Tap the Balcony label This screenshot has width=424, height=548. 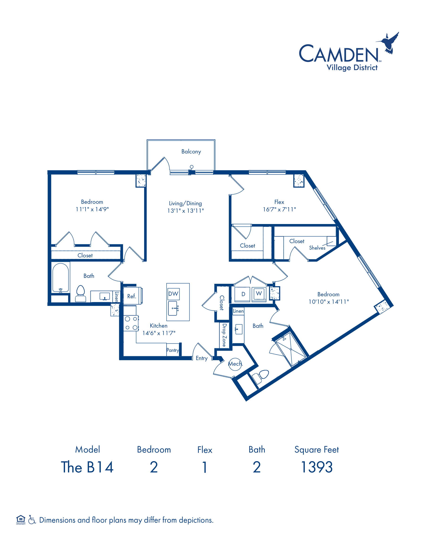click(191, 152)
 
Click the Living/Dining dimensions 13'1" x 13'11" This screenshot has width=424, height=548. click(186, 211)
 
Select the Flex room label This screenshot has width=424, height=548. click(279, 202)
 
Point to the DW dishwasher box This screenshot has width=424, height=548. click(173, 294)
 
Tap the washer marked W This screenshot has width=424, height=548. click(259, 294)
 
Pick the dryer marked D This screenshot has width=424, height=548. click(242, 294)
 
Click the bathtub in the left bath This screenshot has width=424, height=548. click(61, 278)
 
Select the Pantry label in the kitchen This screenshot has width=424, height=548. click(173, 350)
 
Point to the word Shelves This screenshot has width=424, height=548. click(317, 248)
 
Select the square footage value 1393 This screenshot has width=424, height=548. click(317, 467)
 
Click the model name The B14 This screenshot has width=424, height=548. click(87, 467)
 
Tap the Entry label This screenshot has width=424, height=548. click(201, 358)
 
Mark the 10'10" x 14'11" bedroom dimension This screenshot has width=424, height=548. click(329, 302)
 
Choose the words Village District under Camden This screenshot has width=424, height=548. click(352, 68)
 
